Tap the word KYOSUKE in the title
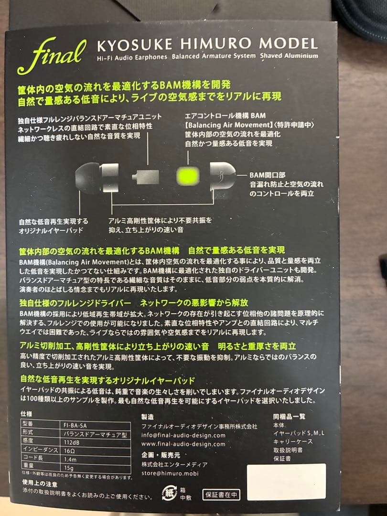135,45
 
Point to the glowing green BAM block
188,176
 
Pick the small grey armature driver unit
145,177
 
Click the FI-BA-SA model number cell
75,426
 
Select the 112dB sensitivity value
71,442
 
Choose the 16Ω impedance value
69,451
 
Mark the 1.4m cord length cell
70,460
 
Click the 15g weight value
68,468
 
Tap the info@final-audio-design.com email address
183,435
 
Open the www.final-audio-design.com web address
183,444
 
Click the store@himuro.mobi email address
170,473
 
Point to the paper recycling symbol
170,493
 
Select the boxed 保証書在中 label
221,494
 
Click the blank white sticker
286,482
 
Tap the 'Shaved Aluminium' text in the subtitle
289,55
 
